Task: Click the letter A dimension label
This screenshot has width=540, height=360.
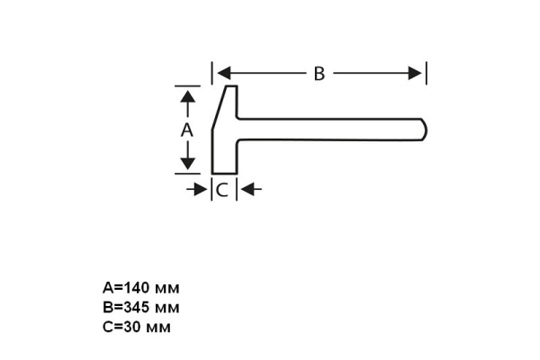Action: [x=187, y=130]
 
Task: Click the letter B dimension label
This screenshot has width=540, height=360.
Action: [x=319, y=74]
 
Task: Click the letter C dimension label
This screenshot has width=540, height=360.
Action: [x=223, y=189]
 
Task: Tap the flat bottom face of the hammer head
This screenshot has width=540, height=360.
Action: [x=224, y=173]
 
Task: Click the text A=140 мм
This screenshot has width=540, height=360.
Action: [x=141, y=288]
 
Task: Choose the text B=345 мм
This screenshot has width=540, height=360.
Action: [x=141, y=307]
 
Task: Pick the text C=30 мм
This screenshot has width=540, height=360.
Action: [x=137, y=326]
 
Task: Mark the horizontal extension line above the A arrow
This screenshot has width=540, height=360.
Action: [x=187, y=86]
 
